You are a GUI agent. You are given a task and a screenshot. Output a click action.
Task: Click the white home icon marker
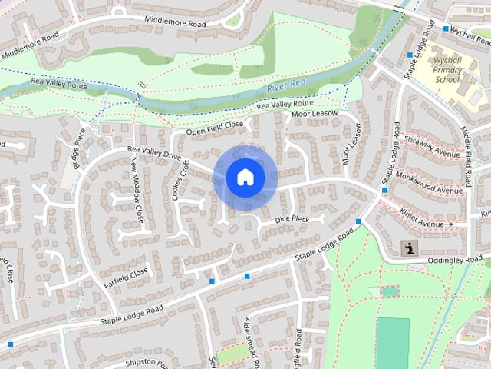tap(245, 177)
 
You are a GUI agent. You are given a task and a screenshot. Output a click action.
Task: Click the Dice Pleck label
tap(291, 219)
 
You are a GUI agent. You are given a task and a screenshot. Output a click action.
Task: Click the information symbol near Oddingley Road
tap(410, 248)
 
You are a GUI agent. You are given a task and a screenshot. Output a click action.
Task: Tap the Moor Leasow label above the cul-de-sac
tap(315, 115)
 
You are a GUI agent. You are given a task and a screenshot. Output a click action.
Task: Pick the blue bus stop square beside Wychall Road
tap(446, 28)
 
